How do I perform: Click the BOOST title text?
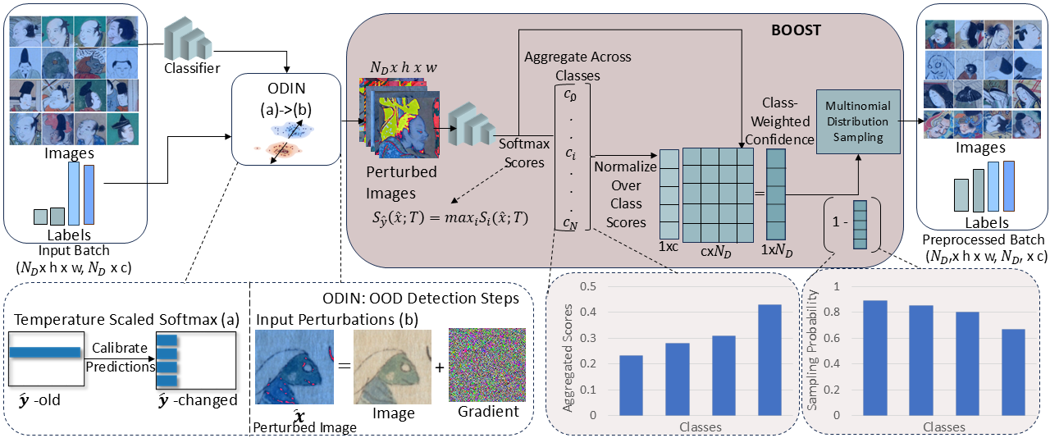796,30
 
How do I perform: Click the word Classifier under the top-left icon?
191,68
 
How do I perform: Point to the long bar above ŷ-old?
45,352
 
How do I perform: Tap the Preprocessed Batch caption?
984,240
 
